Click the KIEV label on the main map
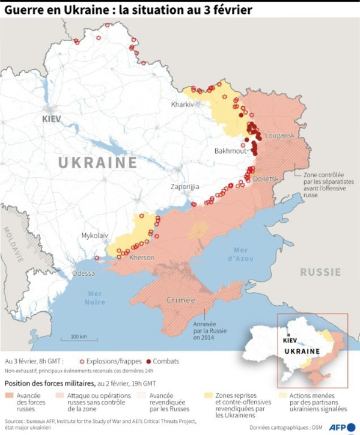point(52,119)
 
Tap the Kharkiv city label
point(183,104)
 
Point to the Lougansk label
point(279,136)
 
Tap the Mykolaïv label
point(95,236)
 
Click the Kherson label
point(142,258)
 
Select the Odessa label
point(84,273)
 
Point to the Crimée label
point(181,300)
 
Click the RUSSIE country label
point(320,272)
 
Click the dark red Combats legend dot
point(148,362)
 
